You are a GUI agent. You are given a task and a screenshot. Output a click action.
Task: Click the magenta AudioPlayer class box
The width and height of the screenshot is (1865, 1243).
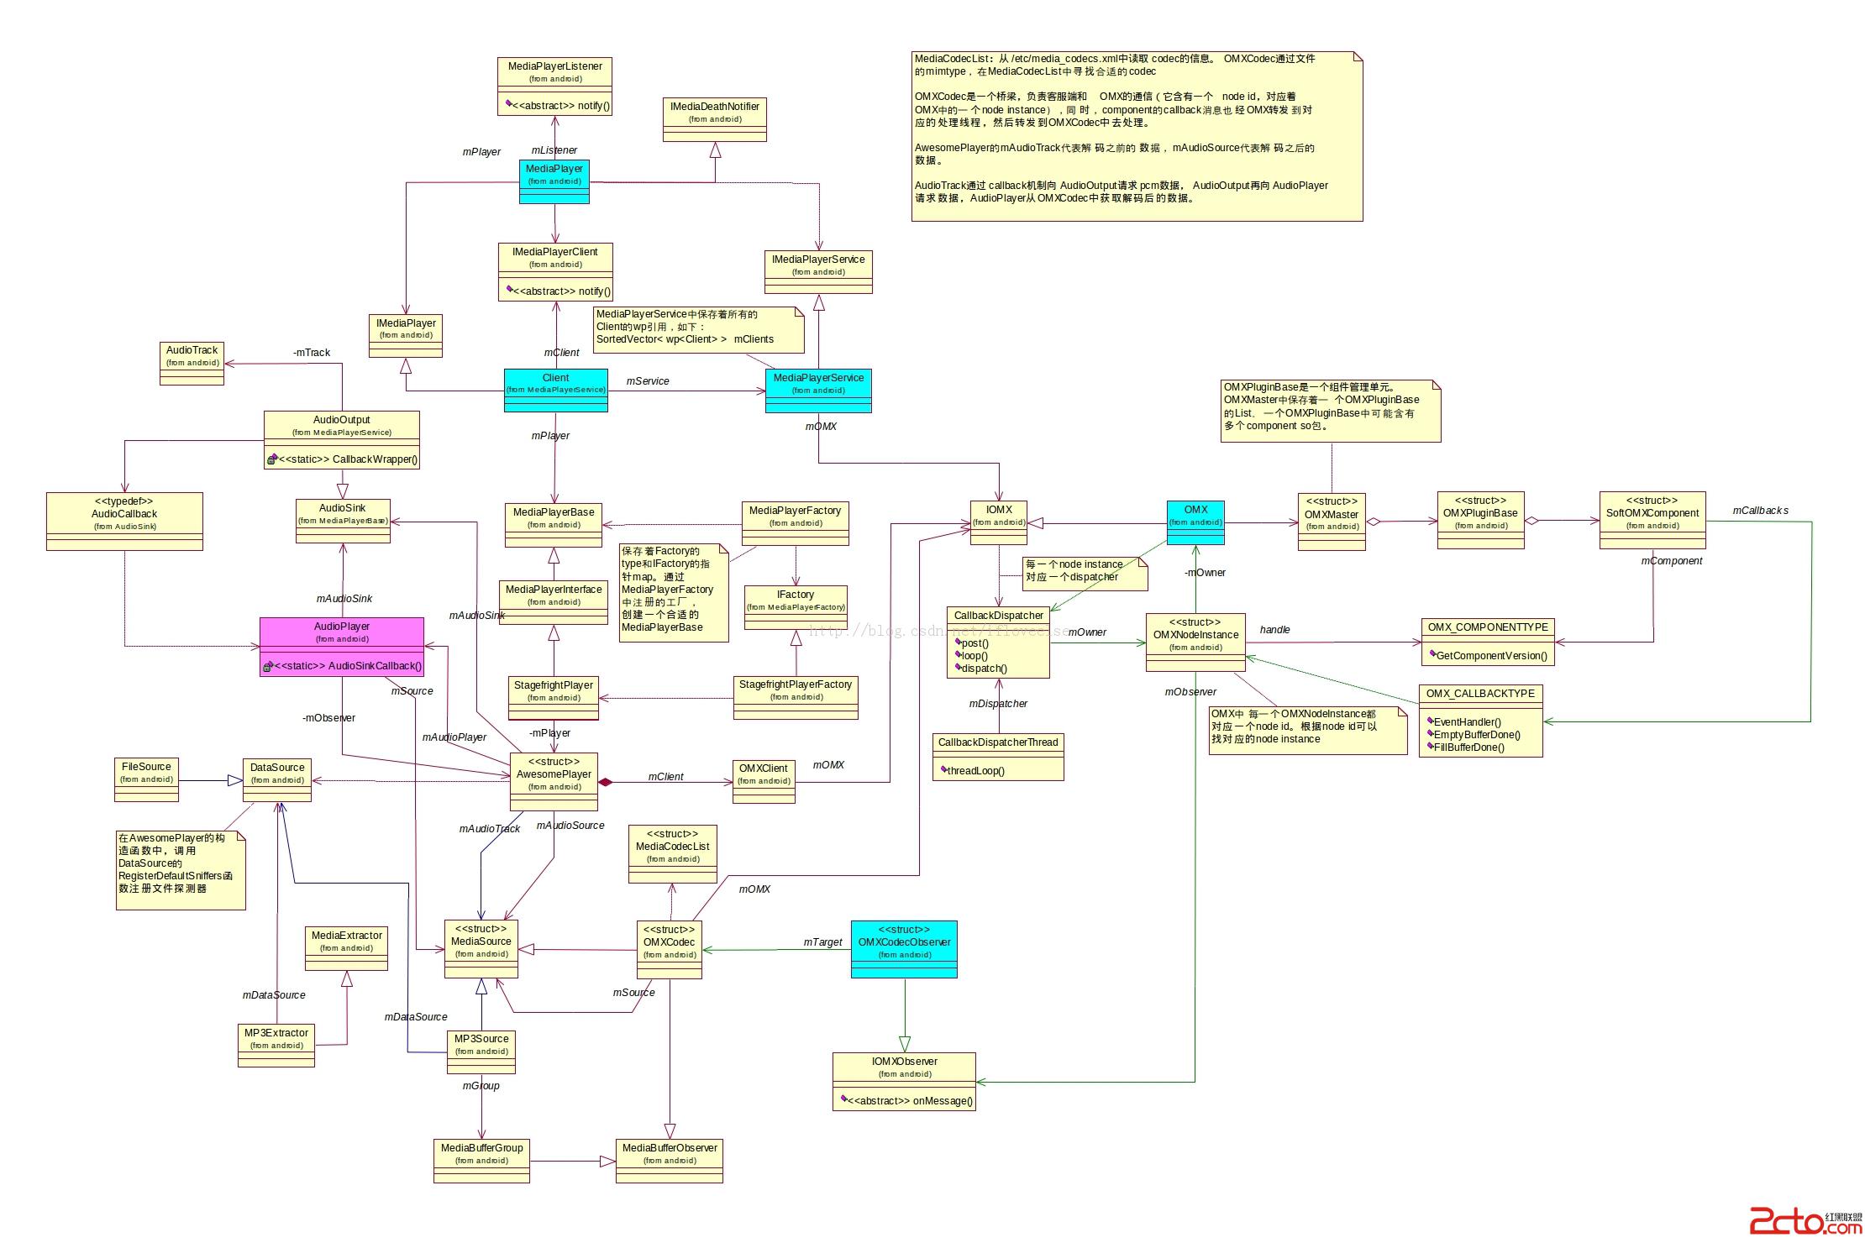point(342,647)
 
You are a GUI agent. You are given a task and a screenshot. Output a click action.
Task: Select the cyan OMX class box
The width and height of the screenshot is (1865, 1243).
point(1195,522)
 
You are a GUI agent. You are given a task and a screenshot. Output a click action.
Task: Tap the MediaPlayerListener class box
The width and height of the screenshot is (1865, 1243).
point(554,86)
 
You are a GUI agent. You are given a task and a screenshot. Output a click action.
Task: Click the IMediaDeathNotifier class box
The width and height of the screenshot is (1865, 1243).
point(714,119)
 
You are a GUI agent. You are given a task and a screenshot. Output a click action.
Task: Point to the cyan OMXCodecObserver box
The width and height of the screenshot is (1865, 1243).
point(904,949)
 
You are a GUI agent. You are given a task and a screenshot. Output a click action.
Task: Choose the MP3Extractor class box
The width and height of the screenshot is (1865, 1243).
point(276,1045)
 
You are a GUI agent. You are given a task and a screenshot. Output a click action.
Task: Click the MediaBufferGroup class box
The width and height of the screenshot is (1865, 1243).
point(481,1161)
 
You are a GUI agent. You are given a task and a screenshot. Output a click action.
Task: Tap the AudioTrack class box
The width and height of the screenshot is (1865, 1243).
point(192,363)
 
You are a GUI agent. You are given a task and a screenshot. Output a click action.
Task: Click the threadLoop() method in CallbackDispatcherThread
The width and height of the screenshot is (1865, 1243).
point(975,771)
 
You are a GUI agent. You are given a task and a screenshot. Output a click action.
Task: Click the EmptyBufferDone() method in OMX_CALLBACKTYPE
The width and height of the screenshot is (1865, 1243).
point(1476,735)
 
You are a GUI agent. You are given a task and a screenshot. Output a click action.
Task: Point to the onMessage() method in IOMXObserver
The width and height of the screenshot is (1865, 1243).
point(910,1101)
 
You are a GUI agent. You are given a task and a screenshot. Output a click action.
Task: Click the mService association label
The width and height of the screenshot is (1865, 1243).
point(648,381)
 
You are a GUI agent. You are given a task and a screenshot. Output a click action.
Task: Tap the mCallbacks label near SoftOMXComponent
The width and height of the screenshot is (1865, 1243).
point(1760,511)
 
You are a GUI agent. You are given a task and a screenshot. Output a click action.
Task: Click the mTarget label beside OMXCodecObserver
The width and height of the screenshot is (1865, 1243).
point(822,942)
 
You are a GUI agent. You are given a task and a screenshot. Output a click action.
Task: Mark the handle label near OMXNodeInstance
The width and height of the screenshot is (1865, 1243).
point(1274,630)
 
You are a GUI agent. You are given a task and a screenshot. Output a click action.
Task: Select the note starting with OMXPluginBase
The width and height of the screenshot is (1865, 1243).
point(1331,411)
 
